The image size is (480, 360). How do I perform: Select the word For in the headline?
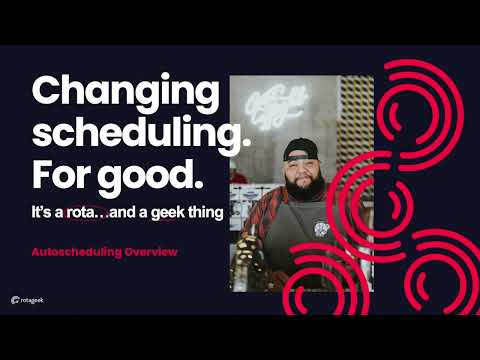point(62,174)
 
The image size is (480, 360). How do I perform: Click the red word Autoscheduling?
point(76,252)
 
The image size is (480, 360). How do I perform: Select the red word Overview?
point(150,252)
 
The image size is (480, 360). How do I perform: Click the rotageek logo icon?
point(16,299)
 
